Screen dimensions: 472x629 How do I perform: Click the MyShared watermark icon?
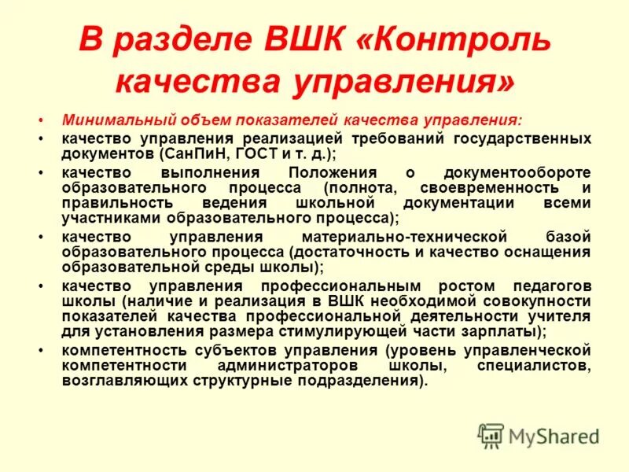click(x=491, y=435)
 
